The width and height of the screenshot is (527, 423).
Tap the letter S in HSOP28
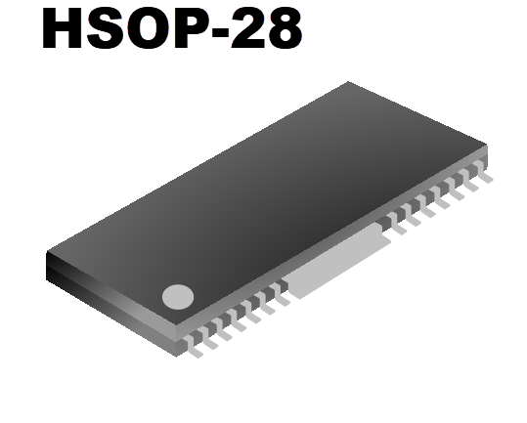[x=109, y=30]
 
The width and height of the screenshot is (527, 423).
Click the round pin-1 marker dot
[x=178, y=296]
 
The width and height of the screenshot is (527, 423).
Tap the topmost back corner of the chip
[x=348, y=82]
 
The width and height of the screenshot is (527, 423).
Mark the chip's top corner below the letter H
[x=47, y=252]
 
